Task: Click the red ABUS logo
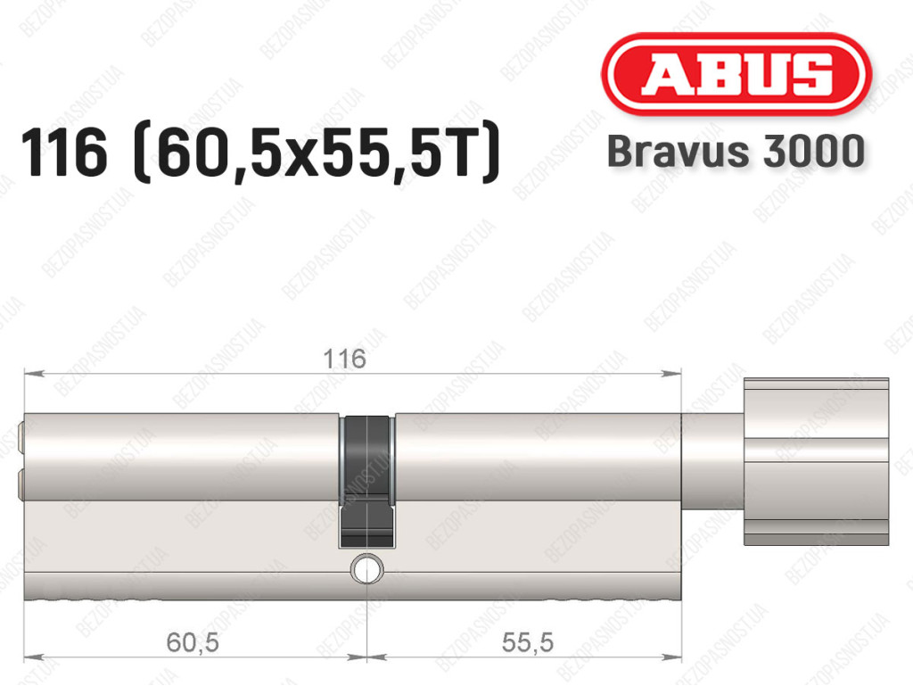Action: (x=736, y=75)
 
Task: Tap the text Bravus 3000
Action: (x=736, y=152)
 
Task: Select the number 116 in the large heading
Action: (x=64, y=153)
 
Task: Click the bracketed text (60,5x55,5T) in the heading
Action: (x=317, y=153)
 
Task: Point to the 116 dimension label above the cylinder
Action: (x=345, y=359)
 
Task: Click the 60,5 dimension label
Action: (x=193, y=642)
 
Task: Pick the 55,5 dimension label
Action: (x=527, y=642)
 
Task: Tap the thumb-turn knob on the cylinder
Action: (x=817, y=462)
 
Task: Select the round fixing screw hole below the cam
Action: (x=366, y=568)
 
